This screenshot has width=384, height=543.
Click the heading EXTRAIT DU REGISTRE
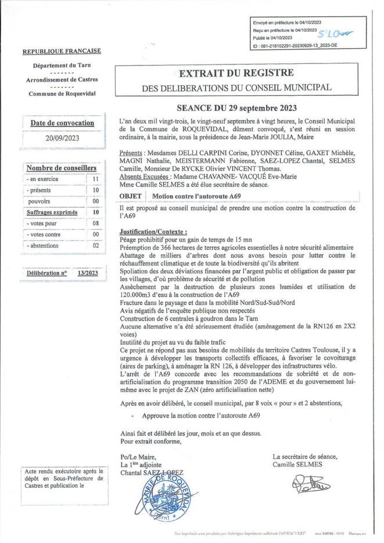[x=235, y=73]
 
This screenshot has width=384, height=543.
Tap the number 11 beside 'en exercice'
[x=95, y=179]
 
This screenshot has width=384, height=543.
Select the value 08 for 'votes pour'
[x=95, y=223]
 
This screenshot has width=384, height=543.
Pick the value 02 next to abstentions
[x=95, y=246]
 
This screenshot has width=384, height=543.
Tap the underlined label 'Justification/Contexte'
[x=153, y=232]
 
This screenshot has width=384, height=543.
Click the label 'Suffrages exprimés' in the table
[x=52, y=213]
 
